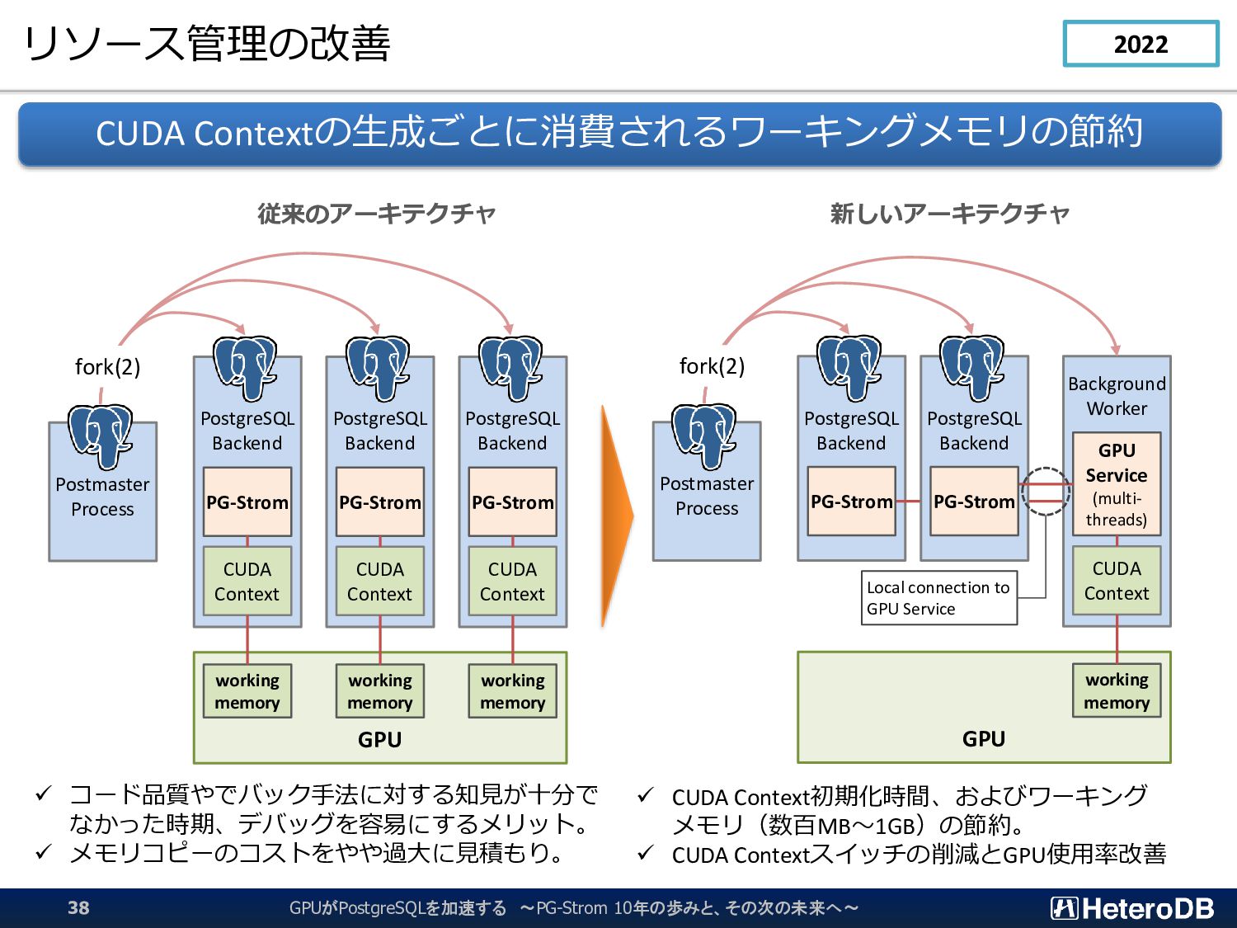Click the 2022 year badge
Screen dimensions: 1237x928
pos(1141,44)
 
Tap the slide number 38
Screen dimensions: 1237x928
pos(78,907)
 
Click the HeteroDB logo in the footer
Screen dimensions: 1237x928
pos(1132,907)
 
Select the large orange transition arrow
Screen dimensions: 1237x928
pos(617,516)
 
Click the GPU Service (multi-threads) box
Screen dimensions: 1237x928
pos(1117,484)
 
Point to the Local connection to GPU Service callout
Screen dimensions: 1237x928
pos(938,598)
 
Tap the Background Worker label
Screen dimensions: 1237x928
pos(1117,396)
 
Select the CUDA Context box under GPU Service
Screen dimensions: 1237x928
pos(1117,581)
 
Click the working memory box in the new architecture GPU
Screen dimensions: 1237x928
pos(1117,690)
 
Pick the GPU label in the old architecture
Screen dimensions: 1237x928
pos(380,739)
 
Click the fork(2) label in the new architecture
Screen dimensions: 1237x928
pos(712,366)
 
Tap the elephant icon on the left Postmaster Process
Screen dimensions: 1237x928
pos(101,436)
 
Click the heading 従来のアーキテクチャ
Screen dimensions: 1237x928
pos(376,214)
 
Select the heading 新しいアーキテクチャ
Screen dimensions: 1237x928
pos(949,214)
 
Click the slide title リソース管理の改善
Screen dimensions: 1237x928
pos(207,44)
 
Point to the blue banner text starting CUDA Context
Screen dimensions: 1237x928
pos(619,133)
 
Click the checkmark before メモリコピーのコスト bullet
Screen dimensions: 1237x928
pos(44,851)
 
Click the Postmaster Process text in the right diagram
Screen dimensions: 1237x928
pos(707,496)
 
